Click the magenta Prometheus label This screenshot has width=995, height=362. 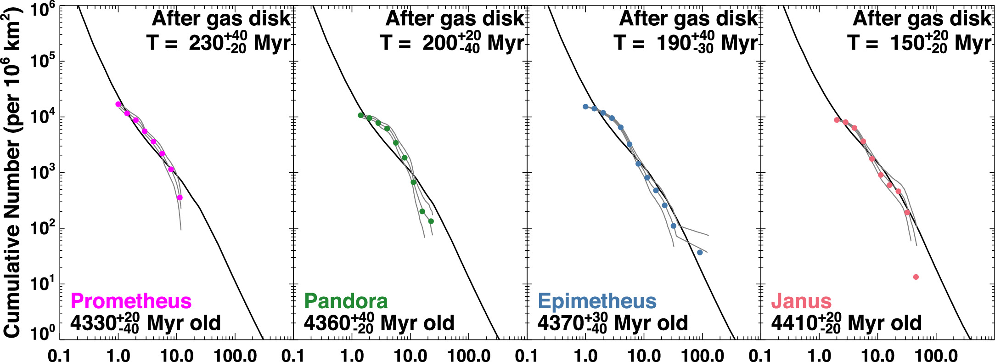click(131, 301)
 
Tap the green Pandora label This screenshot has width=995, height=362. click(346, 301)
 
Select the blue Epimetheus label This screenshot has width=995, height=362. click(597, 301)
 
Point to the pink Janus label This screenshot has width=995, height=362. click(801, 301)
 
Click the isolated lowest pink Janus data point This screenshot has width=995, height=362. click(916, 277)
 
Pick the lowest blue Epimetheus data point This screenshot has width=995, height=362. click(700, 253)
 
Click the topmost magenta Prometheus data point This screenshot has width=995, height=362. click(118, 104)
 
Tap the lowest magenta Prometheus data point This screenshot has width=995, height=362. click(180, 198)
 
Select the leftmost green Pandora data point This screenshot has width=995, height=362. click(360, 115)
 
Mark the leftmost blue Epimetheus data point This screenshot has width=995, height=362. click(585, 107)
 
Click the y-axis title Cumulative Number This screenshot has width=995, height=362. click(13, 175)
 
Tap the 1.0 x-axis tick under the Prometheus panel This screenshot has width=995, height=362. click(118, 356)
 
